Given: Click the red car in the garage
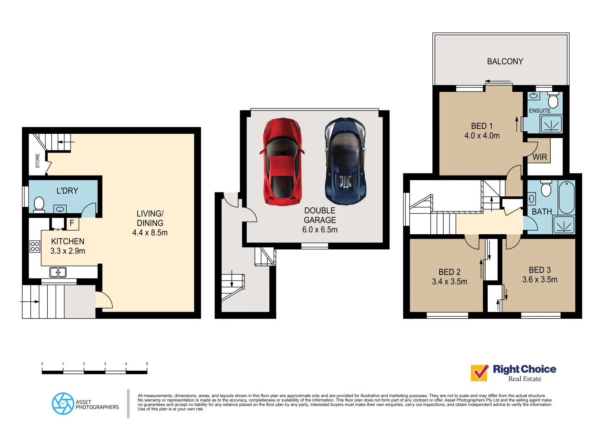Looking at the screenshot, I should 281,162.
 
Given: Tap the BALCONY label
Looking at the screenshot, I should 505,62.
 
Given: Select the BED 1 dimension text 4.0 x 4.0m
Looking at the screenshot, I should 482,136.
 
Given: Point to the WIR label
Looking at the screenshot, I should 540,157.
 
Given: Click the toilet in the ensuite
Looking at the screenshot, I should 553,100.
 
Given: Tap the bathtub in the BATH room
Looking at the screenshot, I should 567,196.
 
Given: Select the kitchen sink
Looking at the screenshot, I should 58,272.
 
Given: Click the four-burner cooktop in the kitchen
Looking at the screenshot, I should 35,247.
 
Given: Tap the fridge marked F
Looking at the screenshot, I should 72,223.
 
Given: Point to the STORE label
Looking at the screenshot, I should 38,161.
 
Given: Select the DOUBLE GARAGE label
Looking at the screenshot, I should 320,215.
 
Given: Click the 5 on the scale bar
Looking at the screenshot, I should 147,364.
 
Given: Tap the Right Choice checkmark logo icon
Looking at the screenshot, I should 480,373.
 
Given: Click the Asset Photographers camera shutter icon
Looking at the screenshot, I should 63,404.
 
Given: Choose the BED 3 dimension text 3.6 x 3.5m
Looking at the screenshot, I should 540,280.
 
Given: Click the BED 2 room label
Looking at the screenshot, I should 449,272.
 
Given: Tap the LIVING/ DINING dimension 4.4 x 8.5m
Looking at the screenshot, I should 150,233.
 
